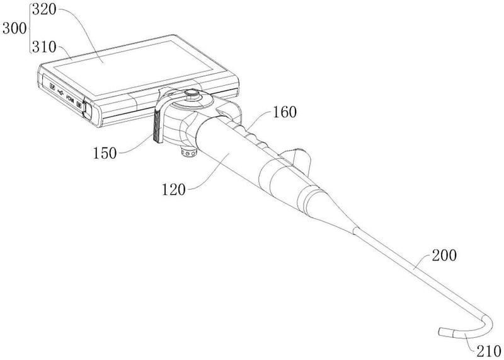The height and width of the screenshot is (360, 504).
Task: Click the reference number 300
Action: tap(14, 28)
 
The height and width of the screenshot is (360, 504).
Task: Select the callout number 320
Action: tap(44, 9)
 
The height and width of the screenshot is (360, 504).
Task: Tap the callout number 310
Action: tap(44, 47)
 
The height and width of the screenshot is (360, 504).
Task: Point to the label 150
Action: tap(105, 153)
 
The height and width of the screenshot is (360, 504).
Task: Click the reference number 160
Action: tap(285, 112)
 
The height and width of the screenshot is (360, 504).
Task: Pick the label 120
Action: tap(174, 190)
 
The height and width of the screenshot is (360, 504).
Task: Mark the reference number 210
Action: tap(489, 352)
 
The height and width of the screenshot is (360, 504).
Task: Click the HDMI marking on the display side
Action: tap(70, 97)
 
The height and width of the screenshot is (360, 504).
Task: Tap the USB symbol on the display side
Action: tap(60, 92)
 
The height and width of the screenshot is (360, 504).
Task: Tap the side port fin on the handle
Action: tap(298, 159)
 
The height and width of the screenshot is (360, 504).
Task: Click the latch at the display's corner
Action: tap(87, 110)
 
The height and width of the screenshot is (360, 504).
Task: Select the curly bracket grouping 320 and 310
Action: tap(30, 28)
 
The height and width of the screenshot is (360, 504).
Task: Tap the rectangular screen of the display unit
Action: tap(134, 68)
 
